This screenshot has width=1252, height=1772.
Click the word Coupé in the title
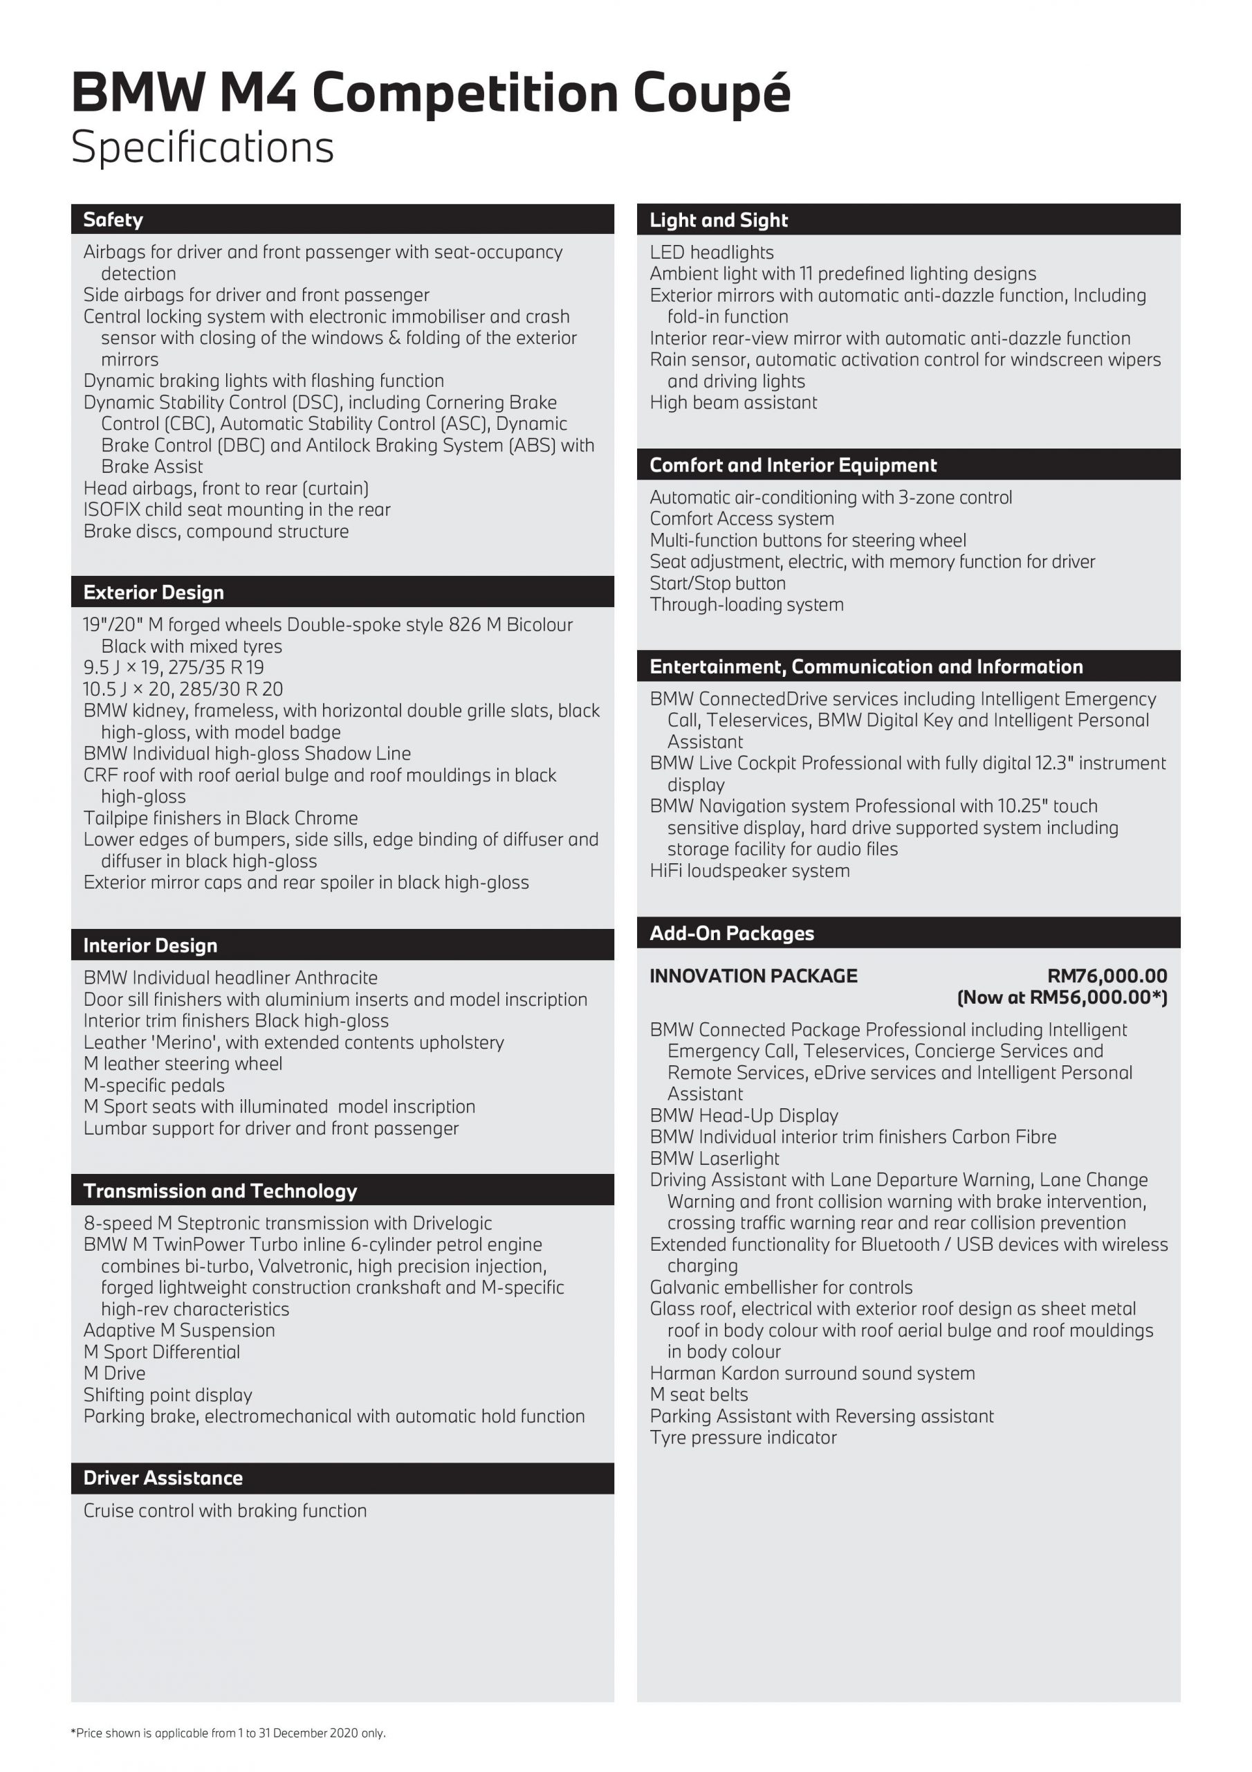pyautogui.click(x=712, y=94)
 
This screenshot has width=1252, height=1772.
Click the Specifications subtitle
pyautogui.click(x=202, y=147)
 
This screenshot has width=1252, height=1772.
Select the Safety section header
pyautogui.click(x=113, y=220)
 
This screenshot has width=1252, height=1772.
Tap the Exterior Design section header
pyautogui.click(x=154, y=592)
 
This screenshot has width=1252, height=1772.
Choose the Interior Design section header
pyautogui.click(x=150, y=946)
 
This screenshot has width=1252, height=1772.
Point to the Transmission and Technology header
pyautogui.click(x=220, y=1191)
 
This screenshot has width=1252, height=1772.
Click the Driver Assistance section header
pyautogui.click(x=163, y=1478)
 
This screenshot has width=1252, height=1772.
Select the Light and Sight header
pyautogui.click(x=718, y=220)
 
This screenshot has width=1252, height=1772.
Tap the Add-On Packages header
pyautogui.click(x=731, y=933)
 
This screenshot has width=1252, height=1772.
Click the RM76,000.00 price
pyautogui.click(x=1107, y=975)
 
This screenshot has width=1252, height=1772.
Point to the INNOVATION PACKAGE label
pyautogui.click(x=753, y=975)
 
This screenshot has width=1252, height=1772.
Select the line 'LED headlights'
pyautogui.click(x=711, y=253)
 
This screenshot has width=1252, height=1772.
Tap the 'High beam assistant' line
pyautogui.click(x=733, y=402)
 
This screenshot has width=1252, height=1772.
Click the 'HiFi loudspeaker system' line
pyautogui.click(x=749, y=871)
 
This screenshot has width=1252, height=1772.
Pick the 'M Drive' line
pyautogui.click(x=114, y=1373)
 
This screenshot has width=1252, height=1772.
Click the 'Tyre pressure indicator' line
pyautogui.click(x=743, y=1437)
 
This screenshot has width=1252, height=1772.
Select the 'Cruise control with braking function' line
pyautogui.click(x=225, y=1510)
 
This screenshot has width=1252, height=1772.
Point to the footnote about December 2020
pyautogui.click(x=228, y=1733)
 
